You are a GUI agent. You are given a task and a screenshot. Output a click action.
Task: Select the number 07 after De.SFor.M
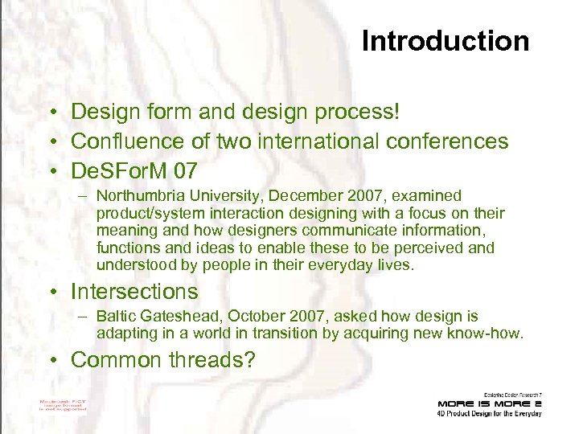(x=182, y=170)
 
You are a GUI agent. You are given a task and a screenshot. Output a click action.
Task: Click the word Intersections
(x=134, y=290)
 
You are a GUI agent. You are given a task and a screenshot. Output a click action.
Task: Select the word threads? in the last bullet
(x=212, y=359)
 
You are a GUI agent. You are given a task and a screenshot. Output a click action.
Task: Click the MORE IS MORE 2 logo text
(x=489, y=403)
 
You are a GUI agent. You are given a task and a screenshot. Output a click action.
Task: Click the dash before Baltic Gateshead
(x=84, y=317)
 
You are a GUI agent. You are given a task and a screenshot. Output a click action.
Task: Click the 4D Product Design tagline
(x=489, y=414)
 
